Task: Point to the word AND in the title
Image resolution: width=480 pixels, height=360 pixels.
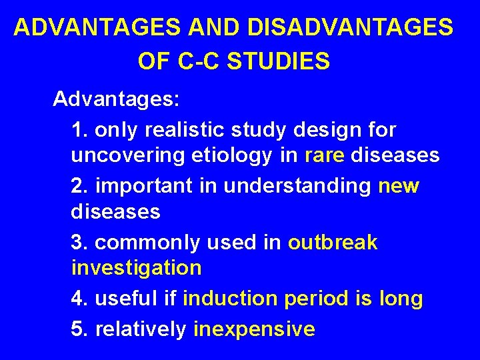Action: coord(221,27)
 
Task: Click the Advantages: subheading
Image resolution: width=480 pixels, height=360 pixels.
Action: coord(116,100)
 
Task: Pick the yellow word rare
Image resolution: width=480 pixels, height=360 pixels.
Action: coord(325,156)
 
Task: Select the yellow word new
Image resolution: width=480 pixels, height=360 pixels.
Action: coord(399,185)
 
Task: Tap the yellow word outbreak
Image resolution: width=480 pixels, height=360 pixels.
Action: coord(333,243)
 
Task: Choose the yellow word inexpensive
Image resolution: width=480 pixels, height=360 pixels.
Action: coord(254,329)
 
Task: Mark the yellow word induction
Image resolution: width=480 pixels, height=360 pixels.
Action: coord(230,299)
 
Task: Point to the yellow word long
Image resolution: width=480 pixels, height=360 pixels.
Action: coord(400,299)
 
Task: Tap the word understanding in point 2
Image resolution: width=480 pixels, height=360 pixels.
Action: coord(297,185)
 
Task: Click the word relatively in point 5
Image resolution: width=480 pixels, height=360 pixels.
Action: coord(141,329)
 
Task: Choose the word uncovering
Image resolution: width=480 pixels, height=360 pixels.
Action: coord(126,156)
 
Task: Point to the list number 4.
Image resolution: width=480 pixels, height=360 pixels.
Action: coord(78,299)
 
